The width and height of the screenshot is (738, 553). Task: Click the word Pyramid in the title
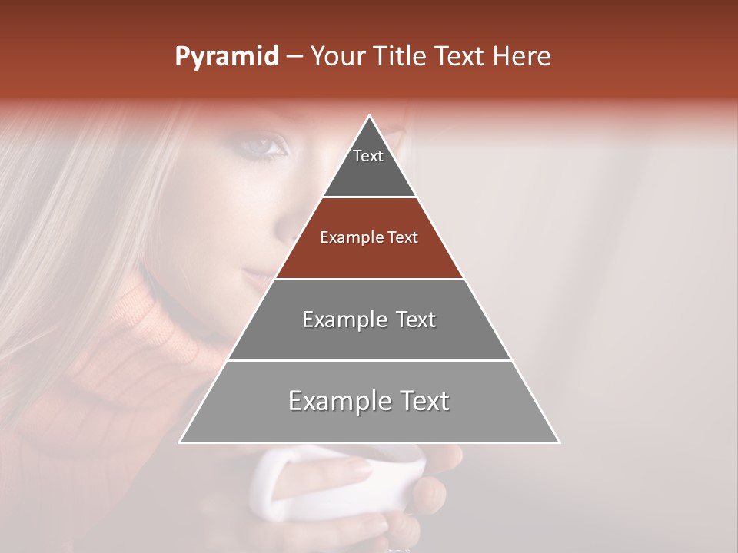[226, 57]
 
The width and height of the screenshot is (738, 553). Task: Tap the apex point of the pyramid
[370, 116]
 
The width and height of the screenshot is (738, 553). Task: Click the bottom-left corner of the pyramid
[181, 442]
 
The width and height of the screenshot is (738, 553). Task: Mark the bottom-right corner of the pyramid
[558, 442]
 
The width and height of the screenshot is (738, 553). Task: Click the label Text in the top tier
[368, 156]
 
